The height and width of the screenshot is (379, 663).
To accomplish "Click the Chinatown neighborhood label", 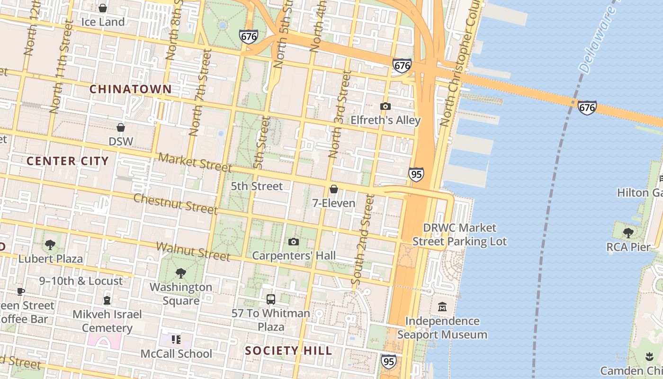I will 130,89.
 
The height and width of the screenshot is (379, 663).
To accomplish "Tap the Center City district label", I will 68,161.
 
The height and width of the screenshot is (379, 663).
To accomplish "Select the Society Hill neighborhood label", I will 288,351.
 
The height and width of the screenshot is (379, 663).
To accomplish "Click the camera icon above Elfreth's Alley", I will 385,107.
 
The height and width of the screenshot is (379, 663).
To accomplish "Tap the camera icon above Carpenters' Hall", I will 294,242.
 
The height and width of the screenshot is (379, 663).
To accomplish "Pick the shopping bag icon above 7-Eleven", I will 334,189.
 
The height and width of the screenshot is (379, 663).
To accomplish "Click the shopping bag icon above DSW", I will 121,127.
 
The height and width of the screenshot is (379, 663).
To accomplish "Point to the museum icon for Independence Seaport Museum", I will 442,307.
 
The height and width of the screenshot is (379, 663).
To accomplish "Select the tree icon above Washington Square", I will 180,273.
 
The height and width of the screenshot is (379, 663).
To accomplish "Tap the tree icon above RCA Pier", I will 628,233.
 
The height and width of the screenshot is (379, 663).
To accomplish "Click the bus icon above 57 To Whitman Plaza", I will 271,299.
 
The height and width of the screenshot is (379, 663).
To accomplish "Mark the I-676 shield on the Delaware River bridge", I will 587,108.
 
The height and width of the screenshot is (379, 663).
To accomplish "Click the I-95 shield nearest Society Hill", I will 388,361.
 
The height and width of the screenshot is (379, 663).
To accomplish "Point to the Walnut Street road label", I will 193,252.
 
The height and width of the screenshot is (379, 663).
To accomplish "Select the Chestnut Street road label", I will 175,203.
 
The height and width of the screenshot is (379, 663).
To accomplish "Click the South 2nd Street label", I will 363,239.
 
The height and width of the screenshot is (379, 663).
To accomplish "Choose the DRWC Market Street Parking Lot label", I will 459,235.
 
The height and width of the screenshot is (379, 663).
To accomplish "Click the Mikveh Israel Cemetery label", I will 107,321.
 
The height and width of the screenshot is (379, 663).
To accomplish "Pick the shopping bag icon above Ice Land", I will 103,8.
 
